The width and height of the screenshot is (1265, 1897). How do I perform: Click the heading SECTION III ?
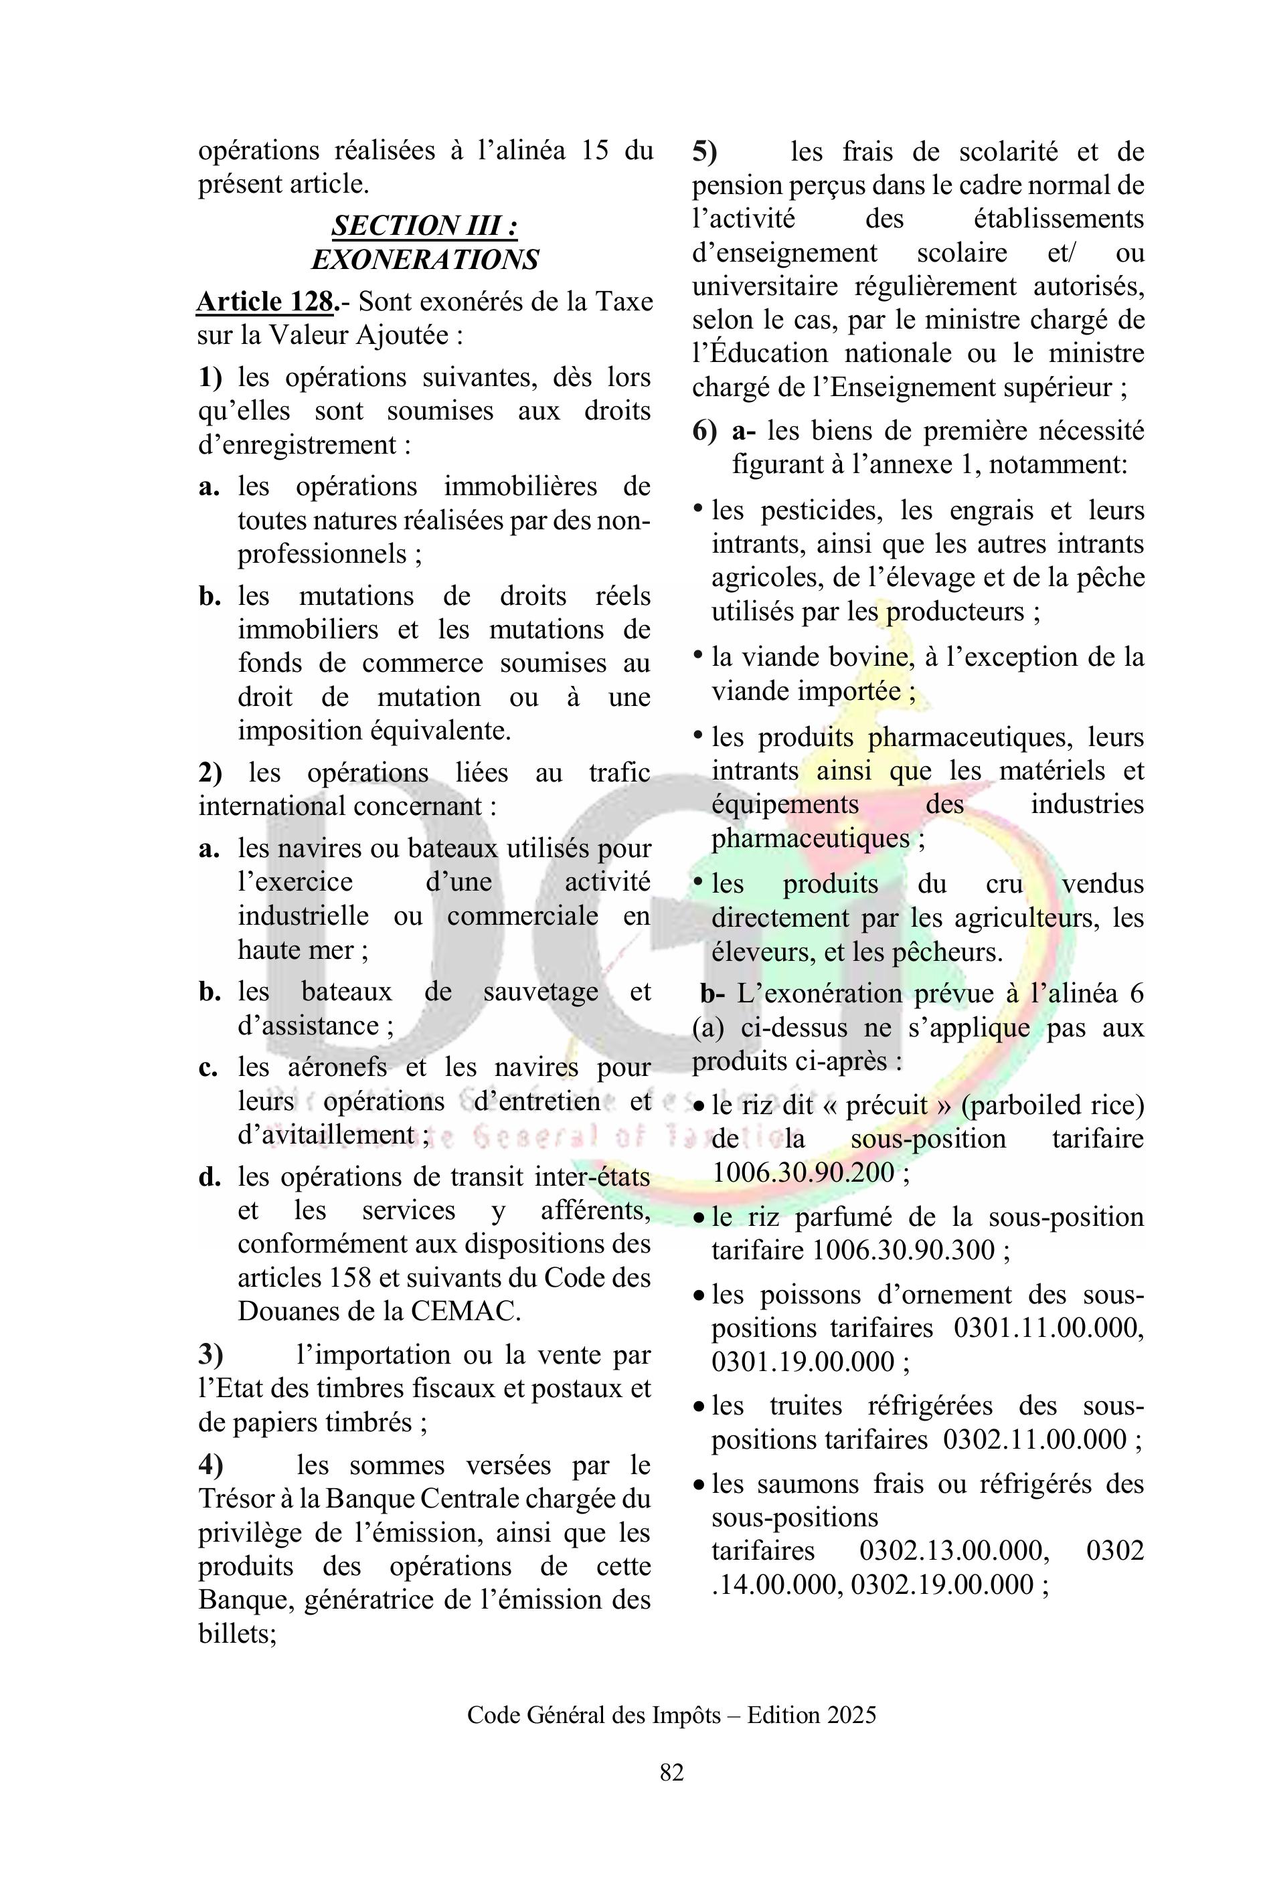click(424, 225)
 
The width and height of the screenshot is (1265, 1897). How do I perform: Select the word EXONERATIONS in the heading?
click(424, 260)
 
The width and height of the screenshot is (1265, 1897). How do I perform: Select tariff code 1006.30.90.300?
click(904, 1250)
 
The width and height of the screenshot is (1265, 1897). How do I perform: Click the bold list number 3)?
click(211, 1355)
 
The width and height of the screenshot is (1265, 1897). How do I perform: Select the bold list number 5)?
click(704, 152)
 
